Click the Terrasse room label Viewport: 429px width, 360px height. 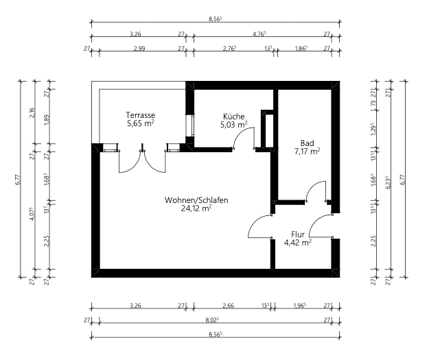click(x=140, y=115)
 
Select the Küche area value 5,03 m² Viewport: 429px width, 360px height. click(x=233, y=125)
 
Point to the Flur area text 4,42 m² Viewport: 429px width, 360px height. click(x=298, y=242)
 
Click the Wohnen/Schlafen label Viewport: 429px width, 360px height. click(x=196, y=200)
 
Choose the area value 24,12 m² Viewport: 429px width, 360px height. click(x=196, y=209)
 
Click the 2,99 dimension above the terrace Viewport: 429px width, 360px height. click(x=141, y=49)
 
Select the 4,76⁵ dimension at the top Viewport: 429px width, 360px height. click(x=259, y=33)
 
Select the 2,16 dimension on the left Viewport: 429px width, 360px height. click(x=32, y=113)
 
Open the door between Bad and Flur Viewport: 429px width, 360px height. click(x=315, y=192)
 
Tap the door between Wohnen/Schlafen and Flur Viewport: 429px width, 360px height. click(x=261, y=226)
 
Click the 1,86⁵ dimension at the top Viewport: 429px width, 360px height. click(x=301, y=49)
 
